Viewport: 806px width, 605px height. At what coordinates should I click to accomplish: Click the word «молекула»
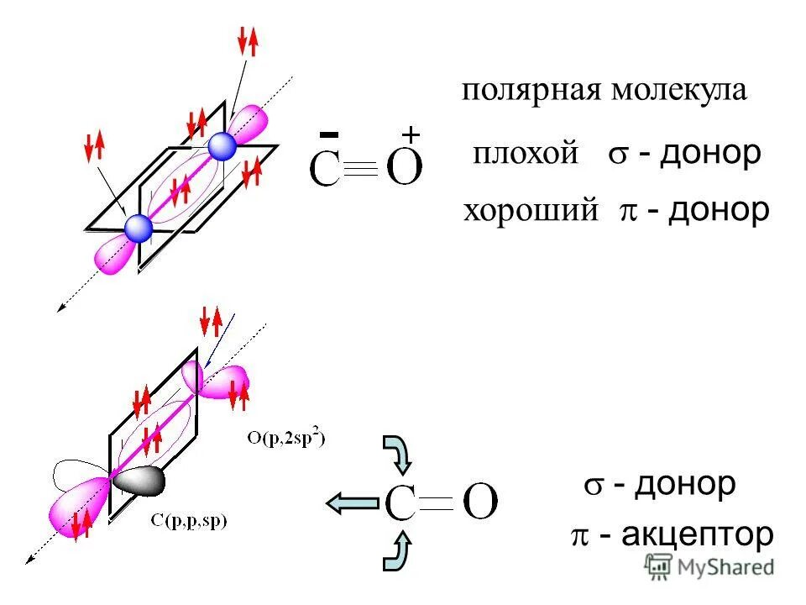[x=678, y=90]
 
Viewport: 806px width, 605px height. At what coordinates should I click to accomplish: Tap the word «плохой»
[x=526, y=154]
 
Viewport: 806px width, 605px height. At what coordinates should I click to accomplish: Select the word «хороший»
[x=531, y=210]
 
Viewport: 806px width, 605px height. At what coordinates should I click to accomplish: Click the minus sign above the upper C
[x=330, y=134]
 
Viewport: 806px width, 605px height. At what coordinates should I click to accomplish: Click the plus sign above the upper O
[x=411, y=134]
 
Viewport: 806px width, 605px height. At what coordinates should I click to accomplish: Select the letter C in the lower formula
[x=401, y=504]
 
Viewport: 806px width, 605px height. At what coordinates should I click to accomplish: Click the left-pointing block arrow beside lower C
[x=352, y=503]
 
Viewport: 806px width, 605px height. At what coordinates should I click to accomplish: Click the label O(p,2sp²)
[x=286, y=437]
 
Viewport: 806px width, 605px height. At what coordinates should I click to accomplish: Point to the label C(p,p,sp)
[x=189, y=520]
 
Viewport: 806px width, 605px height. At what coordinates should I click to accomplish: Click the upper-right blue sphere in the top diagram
[x=222, y=146]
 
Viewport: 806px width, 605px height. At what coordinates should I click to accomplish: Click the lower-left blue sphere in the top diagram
[x=139, y=228]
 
